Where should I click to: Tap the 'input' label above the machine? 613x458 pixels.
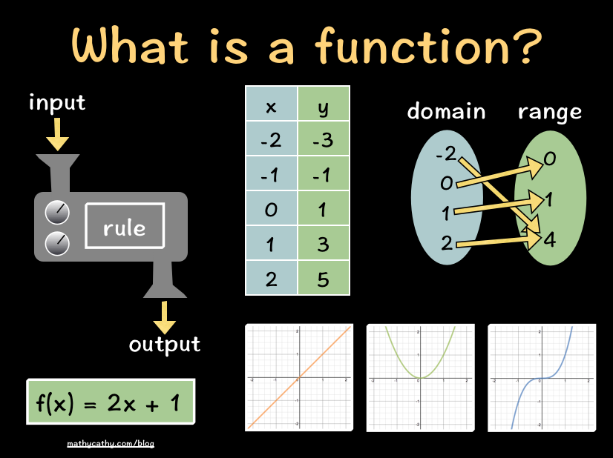[57, 102]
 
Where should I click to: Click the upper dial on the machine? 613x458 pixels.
[58, 213]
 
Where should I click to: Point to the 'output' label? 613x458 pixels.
[165, 344]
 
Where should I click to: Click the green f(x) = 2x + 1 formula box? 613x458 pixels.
[111, 402]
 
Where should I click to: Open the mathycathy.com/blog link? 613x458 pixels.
[111, 444]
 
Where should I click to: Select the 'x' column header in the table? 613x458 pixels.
[271, 107]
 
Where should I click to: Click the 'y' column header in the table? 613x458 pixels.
[324, 107]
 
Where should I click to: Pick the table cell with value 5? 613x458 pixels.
[324, 279]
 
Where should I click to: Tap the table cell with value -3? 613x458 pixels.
[324, 140]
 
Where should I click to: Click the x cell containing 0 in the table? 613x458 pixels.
[271, 210]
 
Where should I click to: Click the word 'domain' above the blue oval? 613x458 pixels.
[446, 112]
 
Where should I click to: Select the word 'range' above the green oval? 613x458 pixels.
[549, 112]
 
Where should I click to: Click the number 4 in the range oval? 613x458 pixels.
[550, 239]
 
